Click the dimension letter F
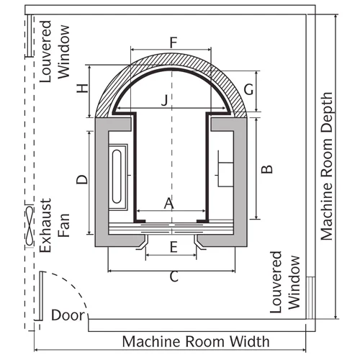point(174,42)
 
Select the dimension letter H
point(83,89)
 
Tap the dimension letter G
point(248,89)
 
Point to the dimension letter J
point(165,100)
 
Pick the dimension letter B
point(267,169)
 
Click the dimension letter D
point(82,179)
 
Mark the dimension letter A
point(168,204)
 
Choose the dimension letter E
point(174,247)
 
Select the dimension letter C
point(174,276)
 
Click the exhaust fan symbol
point(30,225)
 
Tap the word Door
point(68,315)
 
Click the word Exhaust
point(45,225)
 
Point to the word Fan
point(64,225)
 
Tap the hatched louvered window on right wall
point(310,298)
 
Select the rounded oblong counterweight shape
point(117,176)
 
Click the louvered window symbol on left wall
point(30,36)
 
